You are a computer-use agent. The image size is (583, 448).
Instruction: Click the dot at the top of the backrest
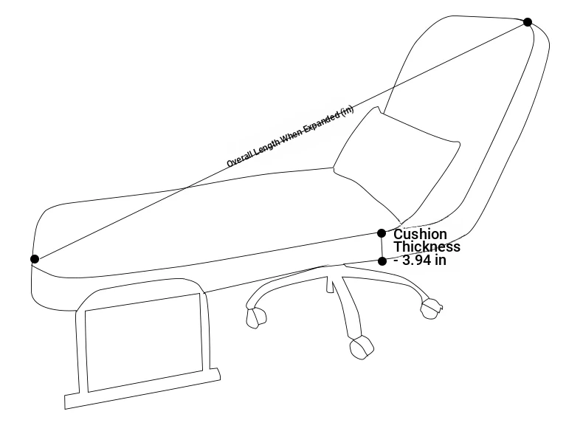click(527, 22)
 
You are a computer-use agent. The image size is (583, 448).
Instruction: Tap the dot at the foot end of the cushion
click(35, 259)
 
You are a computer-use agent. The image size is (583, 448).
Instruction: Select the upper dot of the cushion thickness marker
click(382, 233)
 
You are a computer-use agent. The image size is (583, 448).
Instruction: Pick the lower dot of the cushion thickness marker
click(382, 261)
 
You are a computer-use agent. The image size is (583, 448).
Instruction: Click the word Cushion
click(420, 234)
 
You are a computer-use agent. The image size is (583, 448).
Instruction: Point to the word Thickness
click(427, 247)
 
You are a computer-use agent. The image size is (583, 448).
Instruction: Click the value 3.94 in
click(424, 260)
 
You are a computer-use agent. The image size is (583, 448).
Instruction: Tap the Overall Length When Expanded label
click(290, 137)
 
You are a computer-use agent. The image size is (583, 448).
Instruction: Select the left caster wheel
click(256, 317)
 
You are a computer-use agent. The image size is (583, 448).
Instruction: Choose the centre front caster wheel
click(362, 347)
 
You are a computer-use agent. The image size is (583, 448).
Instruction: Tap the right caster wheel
click(431, 309)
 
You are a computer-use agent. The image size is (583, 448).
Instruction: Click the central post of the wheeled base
click(330, 284)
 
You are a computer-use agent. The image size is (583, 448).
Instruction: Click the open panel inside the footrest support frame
click(144, 342)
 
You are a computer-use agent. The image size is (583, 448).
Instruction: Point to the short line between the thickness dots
click(382, 247)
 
